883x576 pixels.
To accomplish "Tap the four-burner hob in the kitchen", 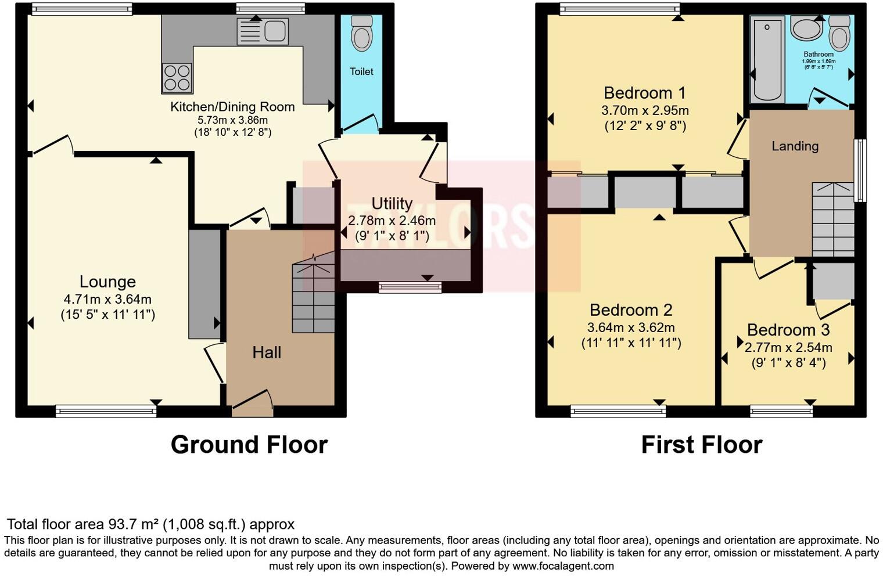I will (x=177, y=78).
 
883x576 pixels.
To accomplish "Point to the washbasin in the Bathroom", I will (x=807, y=29).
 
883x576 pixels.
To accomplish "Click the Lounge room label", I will (x=107, y=282).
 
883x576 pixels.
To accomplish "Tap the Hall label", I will (x=267, y=352).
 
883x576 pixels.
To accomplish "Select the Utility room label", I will (x=392, y=204).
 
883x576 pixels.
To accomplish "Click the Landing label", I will (x=795, y=146).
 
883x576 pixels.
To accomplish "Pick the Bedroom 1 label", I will (x=645, y=93).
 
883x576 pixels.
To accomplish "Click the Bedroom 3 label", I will (x=788, y=330).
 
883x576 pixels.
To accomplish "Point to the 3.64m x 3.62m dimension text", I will (x=631, y=327).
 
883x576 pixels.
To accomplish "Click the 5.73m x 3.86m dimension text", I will (x=232, y=120).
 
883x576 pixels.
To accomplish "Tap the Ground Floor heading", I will (x=249, y=445).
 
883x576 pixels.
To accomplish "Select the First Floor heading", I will (x=701, y=445).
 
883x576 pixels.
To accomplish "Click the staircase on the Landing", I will (x=832, y=219).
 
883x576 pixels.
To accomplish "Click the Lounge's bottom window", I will (x=106, y=412).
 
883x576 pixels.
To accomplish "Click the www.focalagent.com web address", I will (x=562, y=566).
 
